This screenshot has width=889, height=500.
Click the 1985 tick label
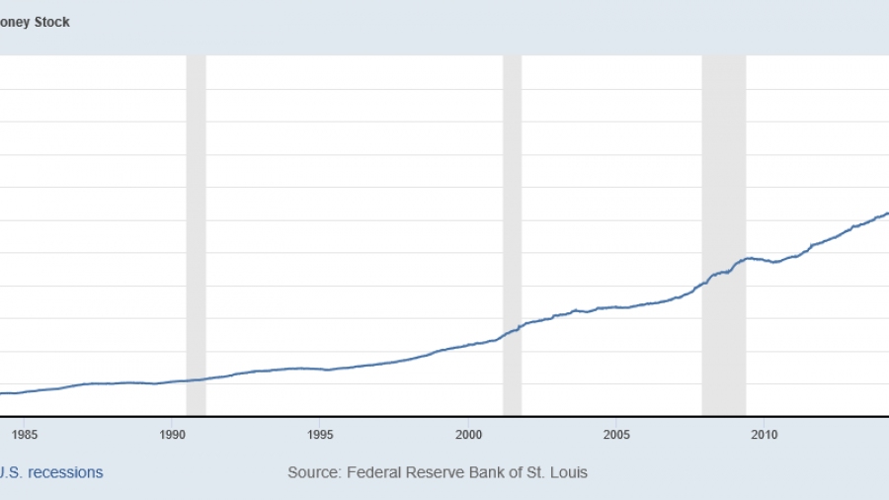[x=25, y=433]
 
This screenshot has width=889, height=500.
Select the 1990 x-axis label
[x=172, y=433]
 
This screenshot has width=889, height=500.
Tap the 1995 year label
[x=320, y=433]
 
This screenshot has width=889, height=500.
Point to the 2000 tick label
[x=468, y=433]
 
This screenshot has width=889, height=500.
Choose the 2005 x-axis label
[x=616, y=433]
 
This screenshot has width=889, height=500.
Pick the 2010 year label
[x=764, y=433]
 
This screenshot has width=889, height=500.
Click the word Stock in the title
[x=51, y=22]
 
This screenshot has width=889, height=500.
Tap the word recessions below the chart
[x=65, y=472]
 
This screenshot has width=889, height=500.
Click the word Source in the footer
[x=312, y=472]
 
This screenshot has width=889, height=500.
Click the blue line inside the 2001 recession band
[x=512, y=331]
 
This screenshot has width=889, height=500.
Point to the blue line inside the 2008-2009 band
[x=724, y=272]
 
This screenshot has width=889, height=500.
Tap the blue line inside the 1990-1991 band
[x=196, y=379]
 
